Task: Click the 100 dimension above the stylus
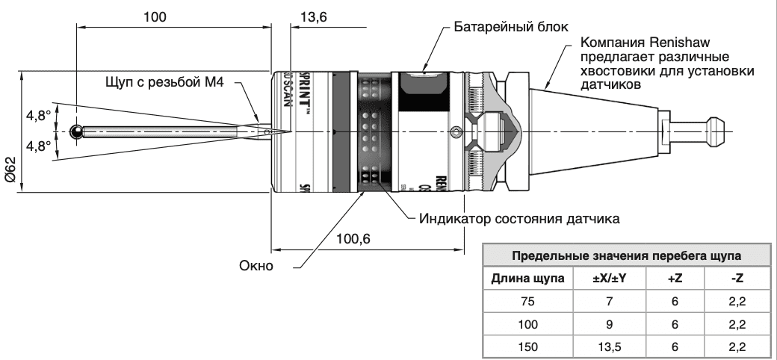point(155,16)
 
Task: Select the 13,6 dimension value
point(313,16)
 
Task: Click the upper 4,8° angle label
point(38,116)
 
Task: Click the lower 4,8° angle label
point(38,146)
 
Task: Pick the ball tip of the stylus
point(76,131)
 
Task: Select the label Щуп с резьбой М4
point(165,81)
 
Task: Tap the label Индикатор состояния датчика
point(519,220)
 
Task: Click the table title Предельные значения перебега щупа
point(627,255)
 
